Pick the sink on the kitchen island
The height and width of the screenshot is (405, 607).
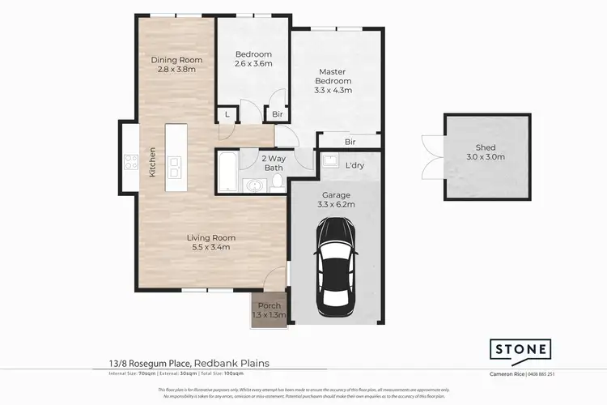[x=176, y=167]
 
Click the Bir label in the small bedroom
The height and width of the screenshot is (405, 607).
[x=277, y=116]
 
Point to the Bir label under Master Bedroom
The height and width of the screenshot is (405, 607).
[x=350, y=141]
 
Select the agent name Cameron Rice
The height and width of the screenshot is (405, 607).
[x=507, y=374]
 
